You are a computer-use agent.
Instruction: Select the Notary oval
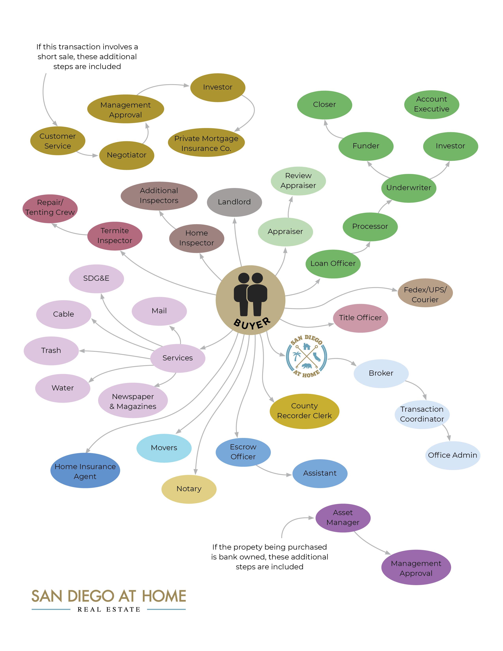click(x=189, y=489)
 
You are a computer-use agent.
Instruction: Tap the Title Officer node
click(x=360, y=318)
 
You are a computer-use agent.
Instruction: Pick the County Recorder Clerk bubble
click(x=304, y=411)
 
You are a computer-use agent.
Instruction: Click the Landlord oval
click(x=234, y=202)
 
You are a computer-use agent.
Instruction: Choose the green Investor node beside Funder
click(x=450, y=146)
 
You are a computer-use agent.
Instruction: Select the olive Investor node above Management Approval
click(x=218, y=87)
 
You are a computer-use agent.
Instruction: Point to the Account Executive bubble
click(x=431, y=104)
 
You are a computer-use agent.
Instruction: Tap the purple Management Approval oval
click(x=416, y=568)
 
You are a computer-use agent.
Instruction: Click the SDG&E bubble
click(x=96, y=278)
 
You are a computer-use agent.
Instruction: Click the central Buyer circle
click(x=250, y=300)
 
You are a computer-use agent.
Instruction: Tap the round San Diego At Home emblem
click(x=306, y=356)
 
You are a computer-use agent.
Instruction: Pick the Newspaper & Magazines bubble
click(x=133, y=401)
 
